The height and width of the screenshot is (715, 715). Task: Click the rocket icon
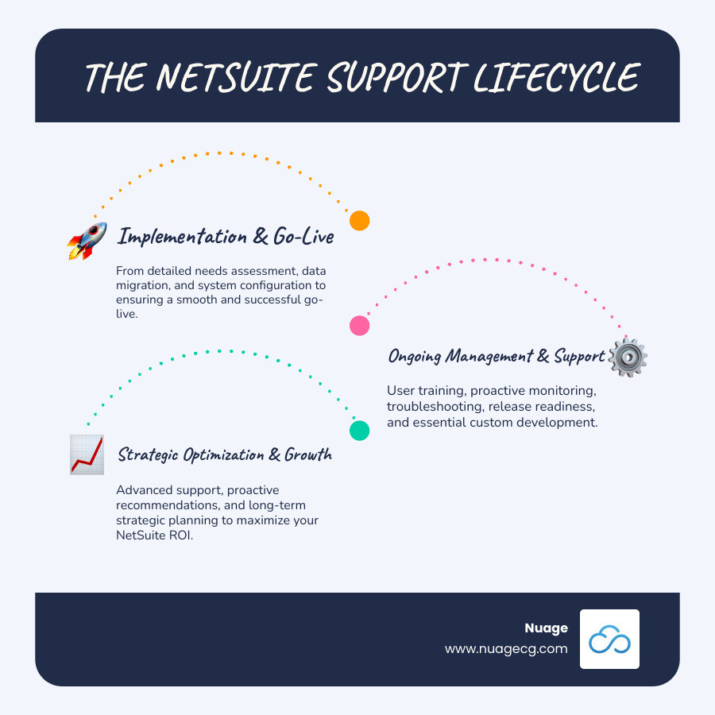[87, 241]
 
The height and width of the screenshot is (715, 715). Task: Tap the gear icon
[628, 358]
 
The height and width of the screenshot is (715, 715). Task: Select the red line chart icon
[87, 455]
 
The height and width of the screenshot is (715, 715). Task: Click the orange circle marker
[360, 221]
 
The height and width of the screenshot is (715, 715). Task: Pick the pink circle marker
[360, 325]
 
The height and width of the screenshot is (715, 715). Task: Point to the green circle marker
[360, 431]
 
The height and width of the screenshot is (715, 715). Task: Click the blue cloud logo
[609, 639]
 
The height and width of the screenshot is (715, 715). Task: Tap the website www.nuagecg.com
[506, 648]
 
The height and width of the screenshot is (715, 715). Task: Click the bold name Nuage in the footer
[546, 628]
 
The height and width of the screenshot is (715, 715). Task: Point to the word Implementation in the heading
[182, 236]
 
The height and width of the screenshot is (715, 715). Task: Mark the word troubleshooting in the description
[435, 407]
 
